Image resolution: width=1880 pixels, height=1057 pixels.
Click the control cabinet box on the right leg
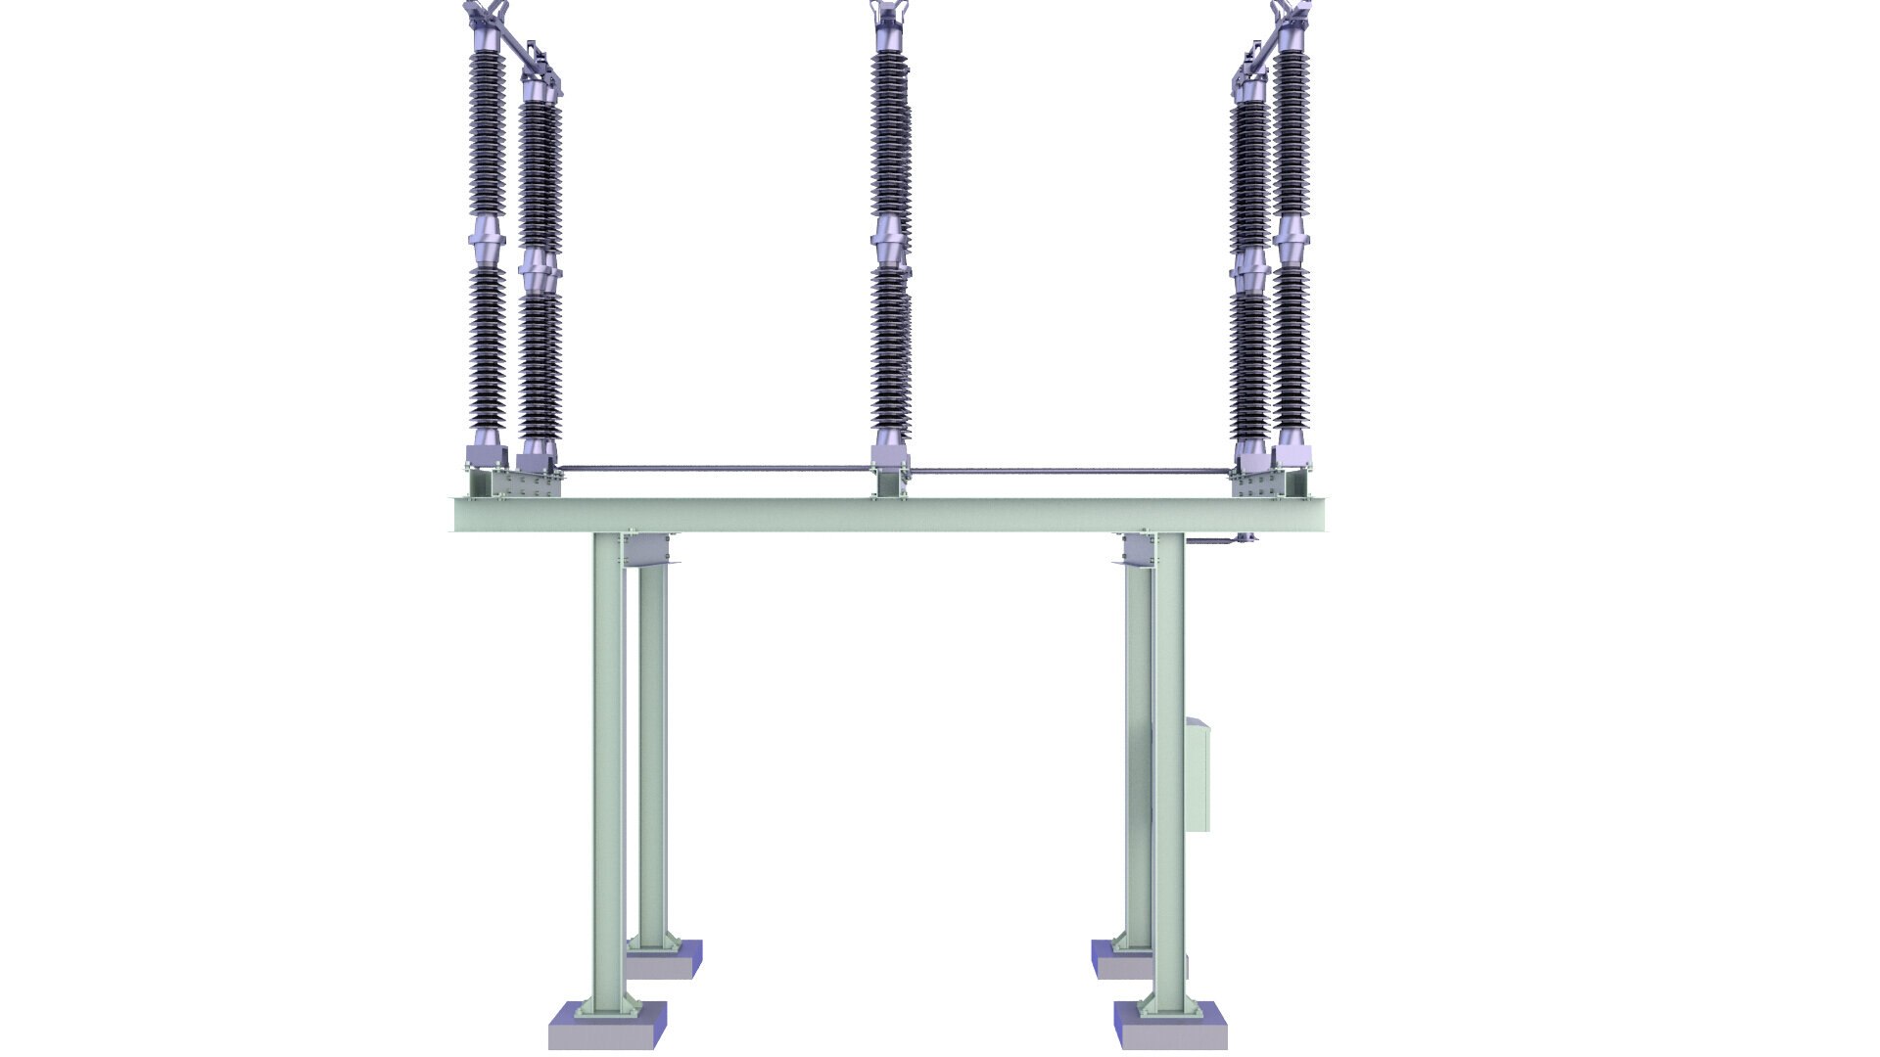1198,774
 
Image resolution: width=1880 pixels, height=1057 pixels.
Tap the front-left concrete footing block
607,1028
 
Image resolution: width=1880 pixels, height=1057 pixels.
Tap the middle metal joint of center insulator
890,241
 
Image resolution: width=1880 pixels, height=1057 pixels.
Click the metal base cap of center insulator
890,456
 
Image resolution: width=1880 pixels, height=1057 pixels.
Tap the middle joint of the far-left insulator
487,241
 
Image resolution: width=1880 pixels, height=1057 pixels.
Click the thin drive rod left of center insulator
715,468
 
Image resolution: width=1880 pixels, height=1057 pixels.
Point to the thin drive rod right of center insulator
1067,471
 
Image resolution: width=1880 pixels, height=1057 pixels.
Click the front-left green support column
608,773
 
